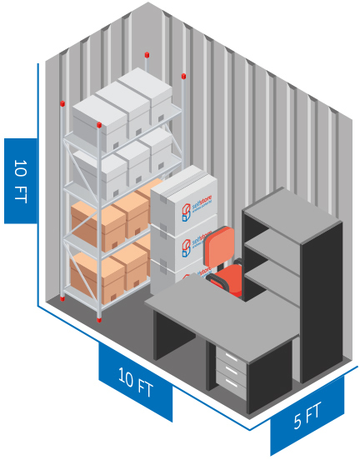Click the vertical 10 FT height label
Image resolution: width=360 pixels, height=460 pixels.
coord(21,181)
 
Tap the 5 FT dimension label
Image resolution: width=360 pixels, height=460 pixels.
coord(307,415)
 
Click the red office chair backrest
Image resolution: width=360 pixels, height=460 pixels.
coord(219,246)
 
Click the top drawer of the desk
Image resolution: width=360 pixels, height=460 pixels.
coord(231,356)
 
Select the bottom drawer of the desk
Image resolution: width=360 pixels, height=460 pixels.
coord(231,384)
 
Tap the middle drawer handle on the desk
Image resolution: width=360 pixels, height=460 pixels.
coord(232,371)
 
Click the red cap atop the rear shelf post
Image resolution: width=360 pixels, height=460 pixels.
coord(147,55)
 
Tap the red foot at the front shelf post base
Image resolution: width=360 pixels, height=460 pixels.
coord(99,319)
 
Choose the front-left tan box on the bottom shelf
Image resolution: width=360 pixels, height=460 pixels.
coord(97,277)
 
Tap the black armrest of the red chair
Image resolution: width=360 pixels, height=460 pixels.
coord(217,281)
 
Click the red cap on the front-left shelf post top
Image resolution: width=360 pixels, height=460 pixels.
coord(62,103)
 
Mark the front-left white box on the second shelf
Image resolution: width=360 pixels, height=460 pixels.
coord(100,173)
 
